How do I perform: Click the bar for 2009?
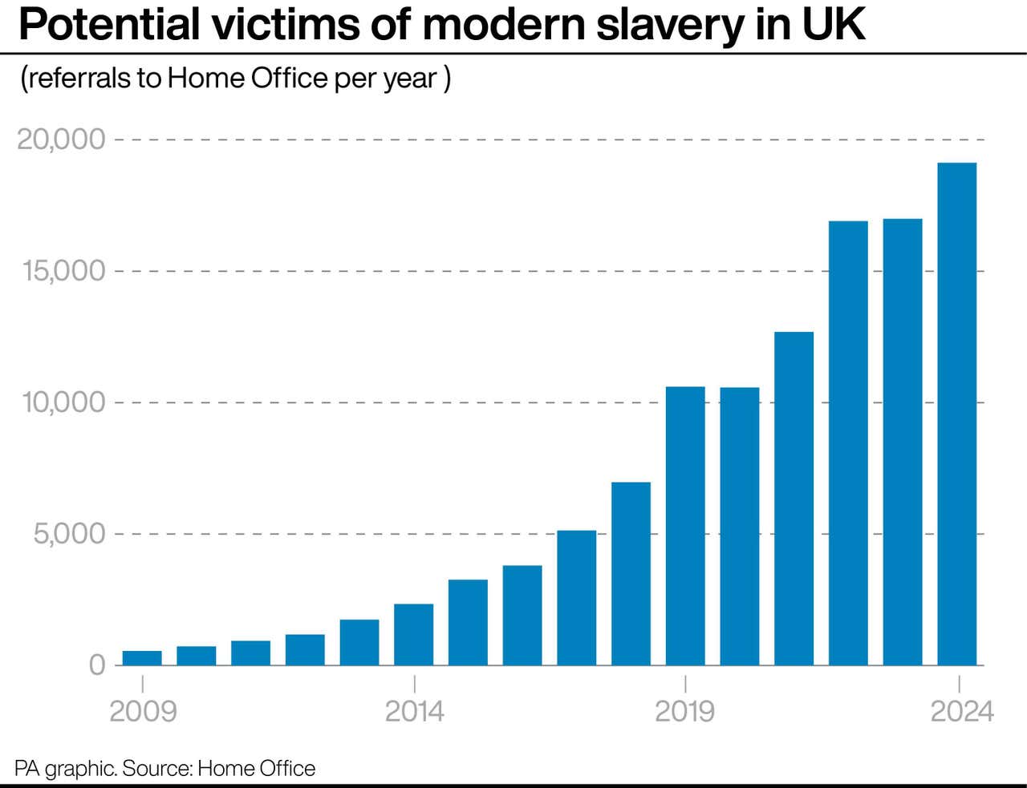pos(142,658)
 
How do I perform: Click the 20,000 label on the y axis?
pos(62,139)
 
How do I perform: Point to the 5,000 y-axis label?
pos(70,534)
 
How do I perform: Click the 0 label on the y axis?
pos(97,665)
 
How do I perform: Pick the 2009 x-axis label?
pos(142,711)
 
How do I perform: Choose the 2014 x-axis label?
pos(414,711)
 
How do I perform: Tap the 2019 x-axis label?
pos(685,711)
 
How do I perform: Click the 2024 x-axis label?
pos(961,711)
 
